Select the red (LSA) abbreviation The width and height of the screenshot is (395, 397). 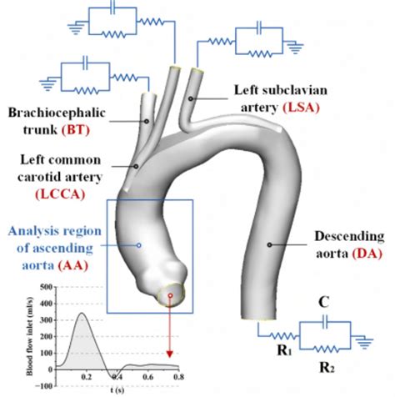coord(301,108)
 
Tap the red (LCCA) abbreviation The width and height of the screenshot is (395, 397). coord(60,194)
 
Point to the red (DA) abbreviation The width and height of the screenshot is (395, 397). coord(367,254)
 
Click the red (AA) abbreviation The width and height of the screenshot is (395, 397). coord(73,265)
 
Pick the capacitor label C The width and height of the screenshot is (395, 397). coord(324,302)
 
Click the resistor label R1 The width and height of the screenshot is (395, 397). coord(284,351)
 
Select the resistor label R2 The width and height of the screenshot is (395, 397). coord(327,368)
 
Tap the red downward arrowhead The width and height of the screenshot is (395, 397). coord(170,354)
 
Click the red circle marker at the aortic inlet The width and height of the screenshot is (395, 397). coord(171,295)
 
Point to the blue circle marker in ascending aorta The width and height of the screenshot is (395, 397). coord(139,245)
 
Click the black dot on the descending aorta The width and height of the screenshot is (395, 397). coord(269,244)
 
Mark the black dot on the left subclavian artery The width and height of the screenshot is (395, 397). coord(191,98)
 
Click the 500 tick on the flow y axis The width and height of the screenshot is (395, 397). coord(46,287)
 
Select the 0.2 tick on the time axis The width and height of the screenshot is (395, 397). coord(87,377)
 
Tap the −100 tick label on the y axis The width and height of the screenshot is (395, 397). coord(44,386)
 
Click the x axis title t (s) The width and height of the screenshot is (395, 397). coord(117,390)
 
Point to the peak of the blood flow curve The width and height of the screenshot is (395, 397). coord(82,313)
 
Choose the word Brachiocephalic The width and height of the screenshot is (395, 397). coord(57,113)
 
